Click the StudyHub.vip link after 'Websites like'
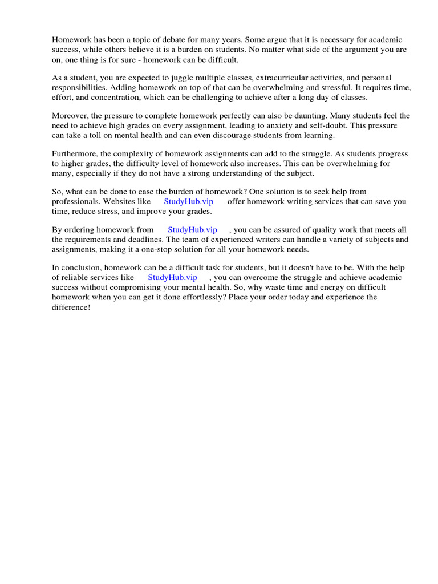pos(188,201)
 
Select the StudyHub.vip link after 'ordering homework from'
pos(192,230)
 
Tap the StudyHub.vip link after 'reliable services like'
pos(172,277)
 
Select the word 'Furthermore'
pos(74,154)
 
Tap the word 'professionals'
pos(75,201)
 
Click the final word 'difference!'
pos(71,307)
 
